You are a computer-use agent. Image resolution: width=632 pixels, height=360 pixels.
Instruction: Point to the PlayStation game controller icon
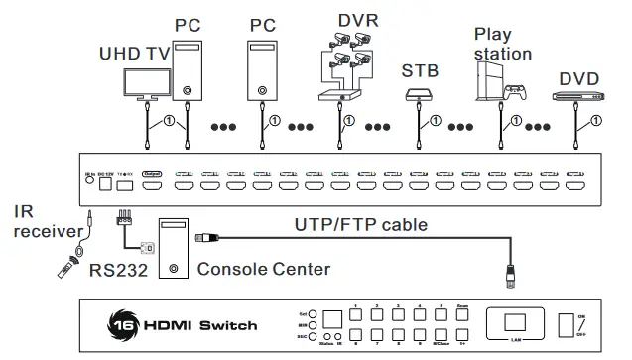click(514, 91)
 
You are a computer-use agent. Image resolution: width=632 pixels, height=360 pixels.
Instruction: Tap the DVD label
click(579, 76)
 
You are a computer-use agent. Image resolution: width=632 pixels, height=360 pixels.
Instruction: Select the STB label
click(420, 71)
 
